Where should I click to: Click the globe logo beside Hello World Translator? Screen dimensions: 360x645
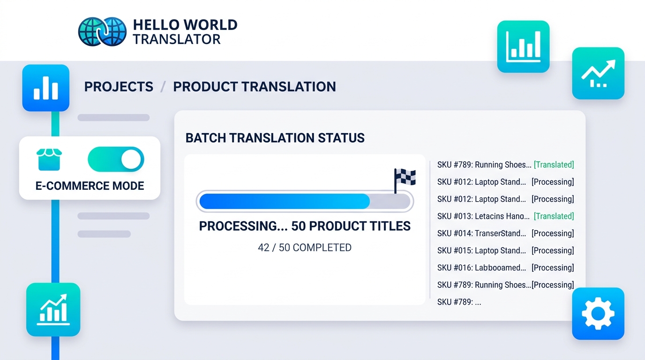pyautogui.click(x=102, y=31)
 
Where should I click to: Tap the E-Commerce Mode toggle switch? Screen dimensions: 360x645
pyautogui.click(x=116, y=160)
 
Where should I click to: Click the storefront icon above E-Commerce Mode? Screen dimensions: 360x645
pyautogui.click(x=49, y=160)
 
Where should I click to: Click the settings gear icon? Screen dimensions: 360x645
pyautogui.click(x=598, y=313)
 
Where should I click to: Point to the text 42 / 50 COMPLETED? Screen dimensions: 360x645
pyautogui.click(x=304, y=247)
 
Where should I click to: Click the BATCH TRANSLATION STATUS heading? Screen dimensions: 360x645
pyautogui.click(x=275, y=138)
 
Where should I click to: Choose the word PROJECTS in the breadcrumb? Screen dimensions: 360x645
pyautogui.click(x=119, y=87)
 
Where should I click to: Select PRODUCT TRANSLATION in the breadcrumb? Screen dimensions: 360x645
pyautogui.click(x=255, y=87)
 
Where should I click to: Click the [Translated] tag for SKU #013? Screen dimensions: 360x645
pyautogui.click(x=554, y=216)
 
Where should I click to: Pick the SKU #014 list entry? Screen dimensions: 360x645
pyautogui.click(x=481, y=233)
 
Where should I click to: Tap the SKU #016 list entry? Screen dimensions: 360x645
pyautogui.click(x=481, y=268)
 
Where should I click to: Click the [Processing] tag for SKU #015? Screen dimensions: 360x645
pyautogui.click(x=553, y=250)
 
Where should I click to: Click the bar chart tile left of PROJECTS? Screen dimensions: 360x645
pyautogui.click(x=46, y=88)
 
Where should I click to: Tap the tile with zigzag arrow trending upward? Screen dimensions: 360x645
pyautogui.click(x=598, y=73)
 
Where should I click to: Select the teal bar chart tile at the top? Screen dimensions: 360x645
pyautogui.click(x=523, y=46)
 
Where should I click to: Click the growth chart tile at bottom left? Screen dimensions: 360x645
pyautogui.click(x=53, y=309)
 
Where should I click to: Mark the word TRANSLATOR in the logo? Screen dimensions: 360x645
pyautogui.click(x=176, y=39)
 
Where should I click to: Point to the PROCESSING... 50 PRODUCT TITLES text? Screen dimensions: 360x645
pyautogui.click(x=305, y=226)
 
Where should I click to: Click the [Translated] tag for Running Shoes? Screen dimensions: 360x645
pyautogui.click(x=554, y=165)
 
